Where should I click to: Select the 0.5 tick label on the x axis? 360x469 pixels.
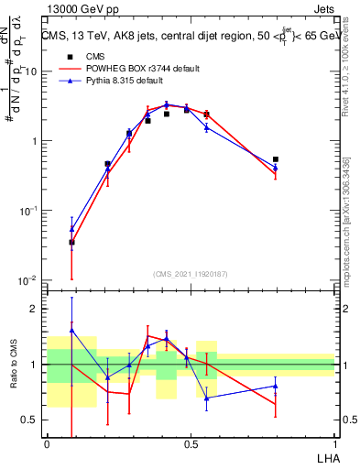191,444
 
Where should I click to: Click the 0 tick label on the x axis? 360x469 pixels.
47,444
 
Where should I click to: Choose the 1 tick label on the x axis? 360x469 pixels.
334,444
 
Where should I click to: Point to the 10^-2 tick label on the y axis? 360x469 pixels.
27,280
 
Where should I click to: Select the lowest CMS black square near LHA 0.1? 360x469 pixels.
71,243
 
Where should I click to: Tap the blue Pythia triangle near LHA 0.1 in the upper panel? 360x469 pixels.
71,229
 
